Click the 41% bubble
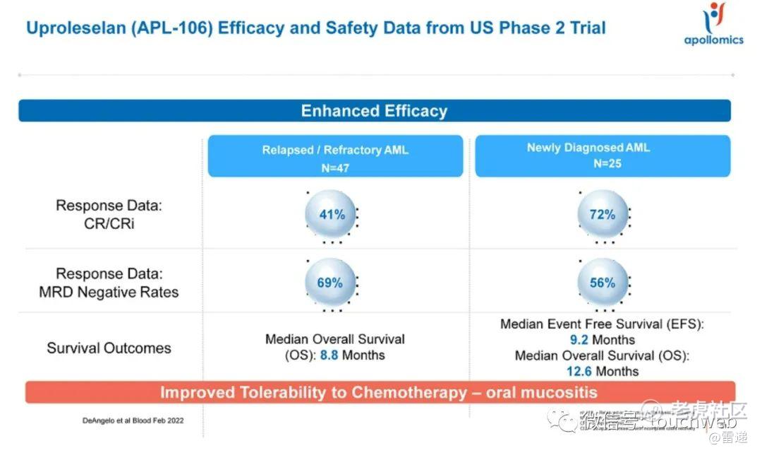[x=332, y=214]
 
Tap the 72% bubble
[x=602, y=214]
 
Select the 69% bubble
[x=329, y=283]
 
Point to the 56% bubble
[x=602, y=283]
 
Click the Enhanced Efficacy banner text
[x=374, y=111]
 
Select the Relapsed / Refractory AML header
[x=335, y=150]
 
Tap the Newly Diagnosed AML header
[x=588, y=148]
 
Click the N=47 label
[x=334, y=168]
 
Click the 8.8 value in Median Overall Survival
[x=329, y=355]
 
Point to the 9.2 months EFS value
[x=579, y=340]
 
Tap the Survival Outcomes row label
[x=109, y=348]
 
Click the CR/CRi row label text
[x=109, y=223]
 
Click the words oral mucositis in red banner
[x=542, y=393]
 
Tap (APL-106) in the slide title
[x=179, y=28]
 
